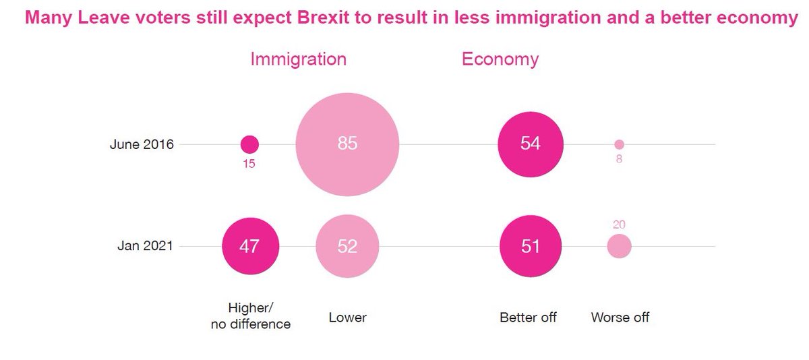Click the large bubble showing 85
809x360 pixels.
click(347, 144)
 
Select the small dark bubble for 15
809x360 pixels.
click(249, 144)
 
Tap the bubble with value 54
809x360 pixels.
click(531, 144)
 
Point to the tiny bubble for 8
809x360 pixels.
click(619, 144)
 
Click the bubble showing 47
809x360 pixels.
click(249, 247)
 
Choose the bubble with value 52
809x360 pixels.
click(347, 247)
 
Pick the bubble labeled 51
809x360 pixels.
click(531, 247)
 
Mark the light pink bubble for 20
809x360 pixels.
click(619, 247)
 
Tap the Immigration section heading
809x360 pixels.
click(298, 59)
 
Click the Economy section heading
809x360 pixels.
click(500, 59)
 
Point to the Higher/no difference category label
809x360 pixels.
click(251, 317)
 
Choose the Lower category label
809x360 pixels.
click(347, 317)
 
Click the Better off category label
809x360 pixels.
click(528, 317)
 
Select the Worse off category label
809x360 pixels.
click(620, 317)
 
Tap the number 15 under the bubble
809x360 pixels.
click(249, 164)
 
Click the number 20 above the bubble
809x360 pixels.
click(619, 224)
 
